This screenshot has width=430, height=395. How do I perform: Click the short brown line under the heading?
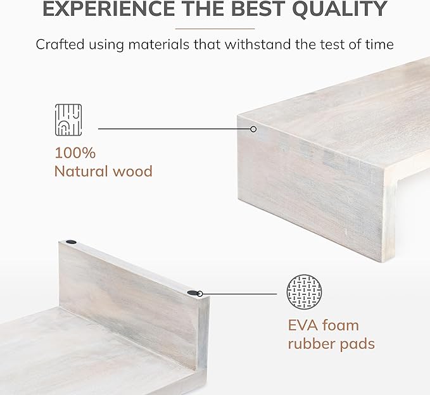point(215,28)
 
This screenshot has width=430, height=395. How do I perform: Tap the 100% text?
point(75,153)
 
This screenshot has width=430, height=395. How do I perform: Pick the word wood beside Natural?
point(132,171)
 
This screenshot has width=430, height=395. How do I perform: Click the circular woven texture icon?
point(304,292)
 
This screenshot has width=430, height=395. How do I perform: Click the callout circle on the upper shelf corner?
point(253,129)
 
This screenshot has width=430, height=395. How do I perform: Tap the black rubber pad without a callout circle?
point(71,242)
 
